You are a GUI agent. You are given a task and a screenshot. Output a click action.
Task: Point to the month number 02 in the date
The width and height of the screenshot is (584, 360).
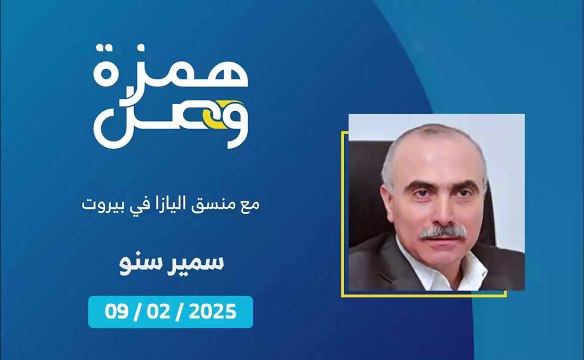164,312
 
